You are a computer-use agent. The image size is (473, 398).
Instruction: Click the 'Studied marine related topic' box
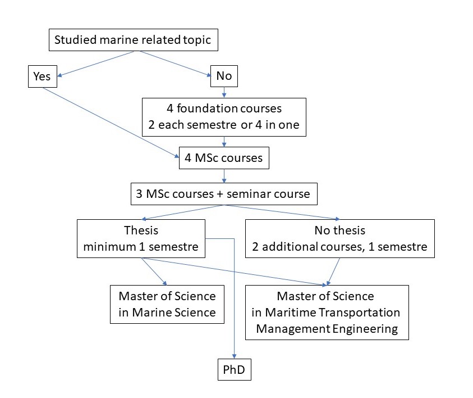tap(132, 40)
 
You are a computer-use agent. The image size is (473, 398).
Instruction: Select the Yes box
tap(42, 77)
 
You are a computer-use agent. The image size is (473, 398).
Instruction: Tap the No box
tap(224, 77)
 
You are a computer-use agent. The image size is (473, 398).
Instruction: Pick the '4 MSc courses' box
tap(223, 158)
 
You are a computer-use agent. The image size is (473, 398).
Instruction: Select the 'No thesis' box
tap(340, 238)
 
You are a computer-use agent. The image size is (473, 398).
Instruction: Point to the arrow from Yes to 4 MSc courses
tap(107, 122)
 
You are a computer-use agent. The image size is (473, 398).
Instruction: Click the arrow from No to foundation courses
tap(224, 92)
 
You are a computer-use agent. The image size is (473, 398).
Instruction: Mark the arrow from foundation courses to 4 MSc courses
tap(224, 142)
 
